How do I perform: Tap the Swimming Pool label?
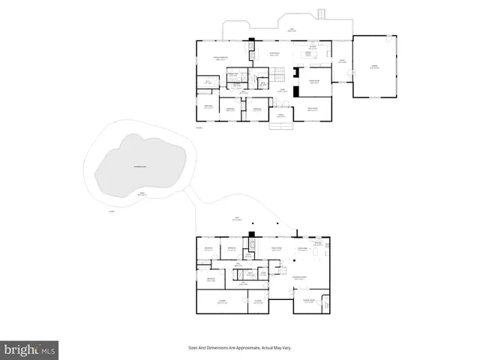point(139,166)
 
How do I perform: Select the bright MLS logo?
point(30,349)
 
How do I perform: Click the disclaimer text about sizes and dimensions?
point(239,348)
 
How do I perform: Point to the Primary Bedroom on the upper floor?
point(220,58)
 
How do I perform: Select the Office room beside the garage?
point(341,61)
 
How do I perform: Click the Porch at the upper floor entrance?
point(281,116)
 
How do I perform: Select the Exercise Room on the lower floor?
point(308,302)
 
